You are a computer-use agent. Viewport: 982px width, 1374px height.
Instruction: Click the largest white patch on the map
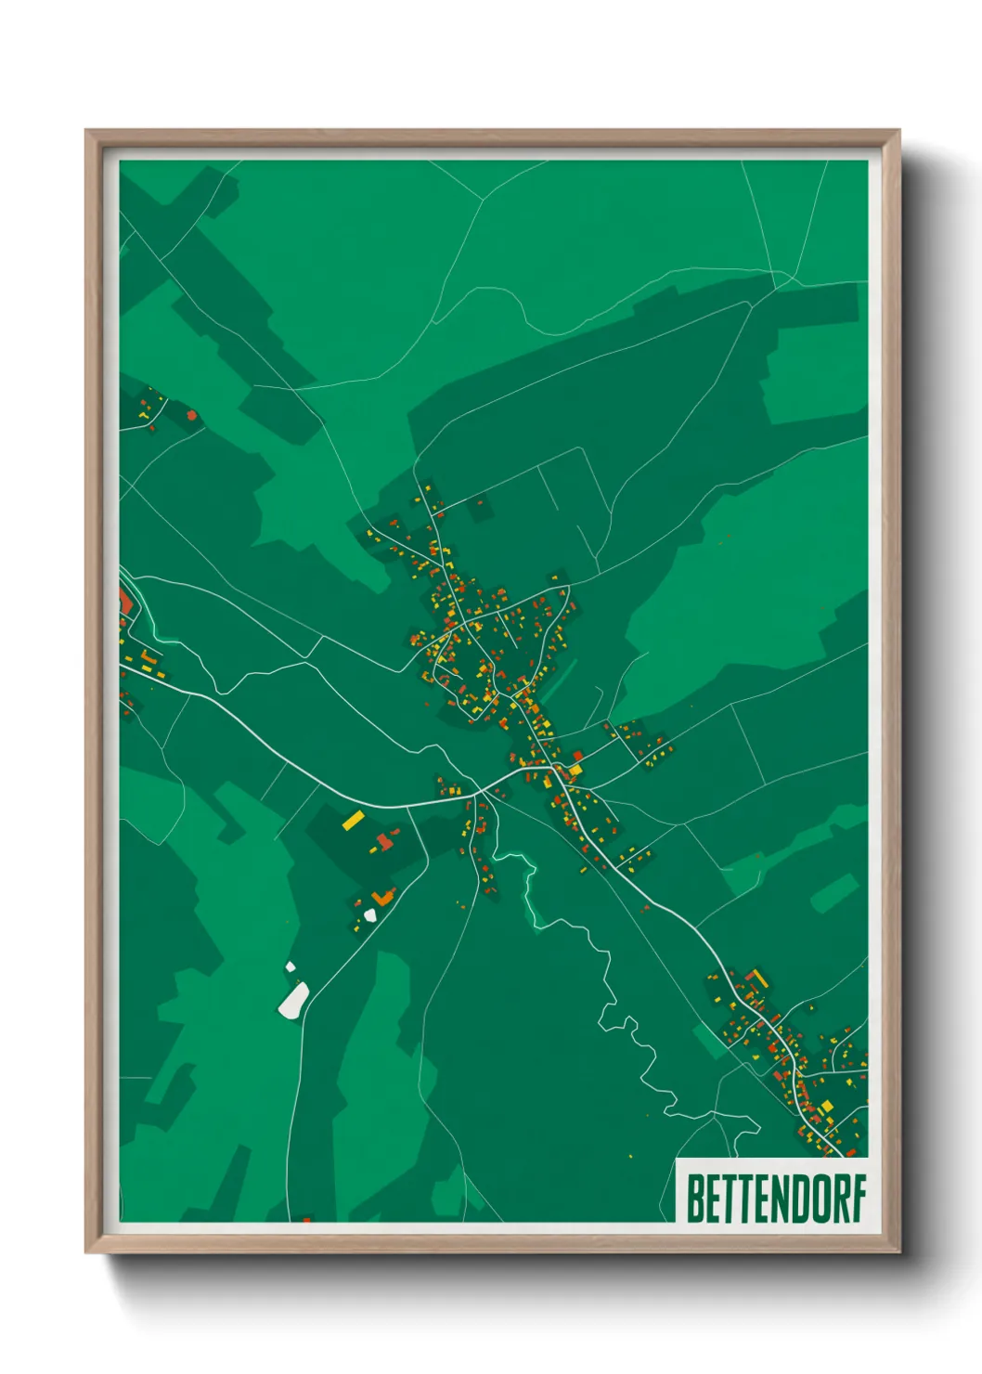[x=294, y=1000]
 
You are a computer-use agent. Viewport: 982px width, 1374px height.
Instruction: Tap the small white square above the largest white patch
[x=290, y=967]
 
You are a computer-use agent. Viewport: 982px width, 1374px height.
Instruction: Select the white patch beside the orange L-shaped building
[x=370, y=915]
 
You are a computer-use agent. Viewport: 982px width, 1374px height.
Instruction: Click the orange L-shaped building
[x=381, y=898]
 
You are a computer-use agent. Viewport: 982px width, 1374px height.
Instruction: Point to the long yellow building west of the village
[x=354, y=820]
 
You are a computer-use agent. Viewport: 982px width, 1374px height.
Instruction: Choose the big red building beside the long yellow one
[x=383, y=842]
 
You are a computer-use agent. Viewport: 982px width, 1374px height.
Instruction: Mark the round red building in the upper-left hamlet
[x=192, y=415]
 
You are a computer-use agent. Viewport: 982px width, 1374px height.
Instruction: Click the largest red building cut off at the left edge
[x=124, y=601]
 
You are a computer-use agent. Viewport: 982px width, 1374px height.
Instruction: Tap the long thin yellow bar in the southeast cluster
[x=759, y=978]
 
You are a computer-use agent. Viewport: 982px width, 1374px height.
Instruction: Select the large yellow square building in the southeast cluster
[x=826, y=1107]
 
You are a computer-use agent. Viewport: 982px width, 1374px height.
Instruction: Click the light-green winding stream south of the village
[x=531, y=891]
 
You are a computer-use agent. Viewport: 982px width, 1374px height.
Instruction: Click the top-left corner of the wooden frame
[x=87, y=132]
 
